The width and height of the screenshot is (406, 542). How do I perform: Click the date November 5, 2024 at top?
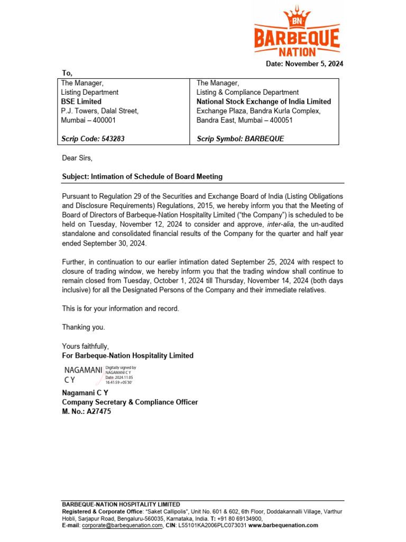point(304,64)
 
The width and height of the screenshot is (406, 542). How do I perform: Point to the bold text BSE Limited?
point(81,102)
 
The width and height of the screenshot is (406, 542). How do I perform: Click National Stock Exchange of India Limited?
point(264,102)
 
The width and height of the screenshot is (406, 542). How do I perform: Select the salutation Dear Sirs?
point(77,158)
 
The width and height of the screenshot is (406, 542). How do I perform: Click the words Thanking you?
point(84,327)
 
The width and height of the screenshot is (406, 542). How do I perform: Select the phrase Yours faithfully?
point(85,346)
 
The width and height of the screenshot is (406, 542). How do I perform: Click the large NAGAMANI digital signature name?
point(82,371)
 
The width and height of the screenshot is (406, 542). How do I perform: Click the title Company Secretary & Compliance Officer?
point(130,402)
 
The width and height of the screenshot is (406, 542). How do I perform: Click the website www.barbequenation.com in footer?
point(283,526)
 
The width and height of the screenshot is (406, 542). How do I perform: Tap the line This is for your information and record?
point(121,308)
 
